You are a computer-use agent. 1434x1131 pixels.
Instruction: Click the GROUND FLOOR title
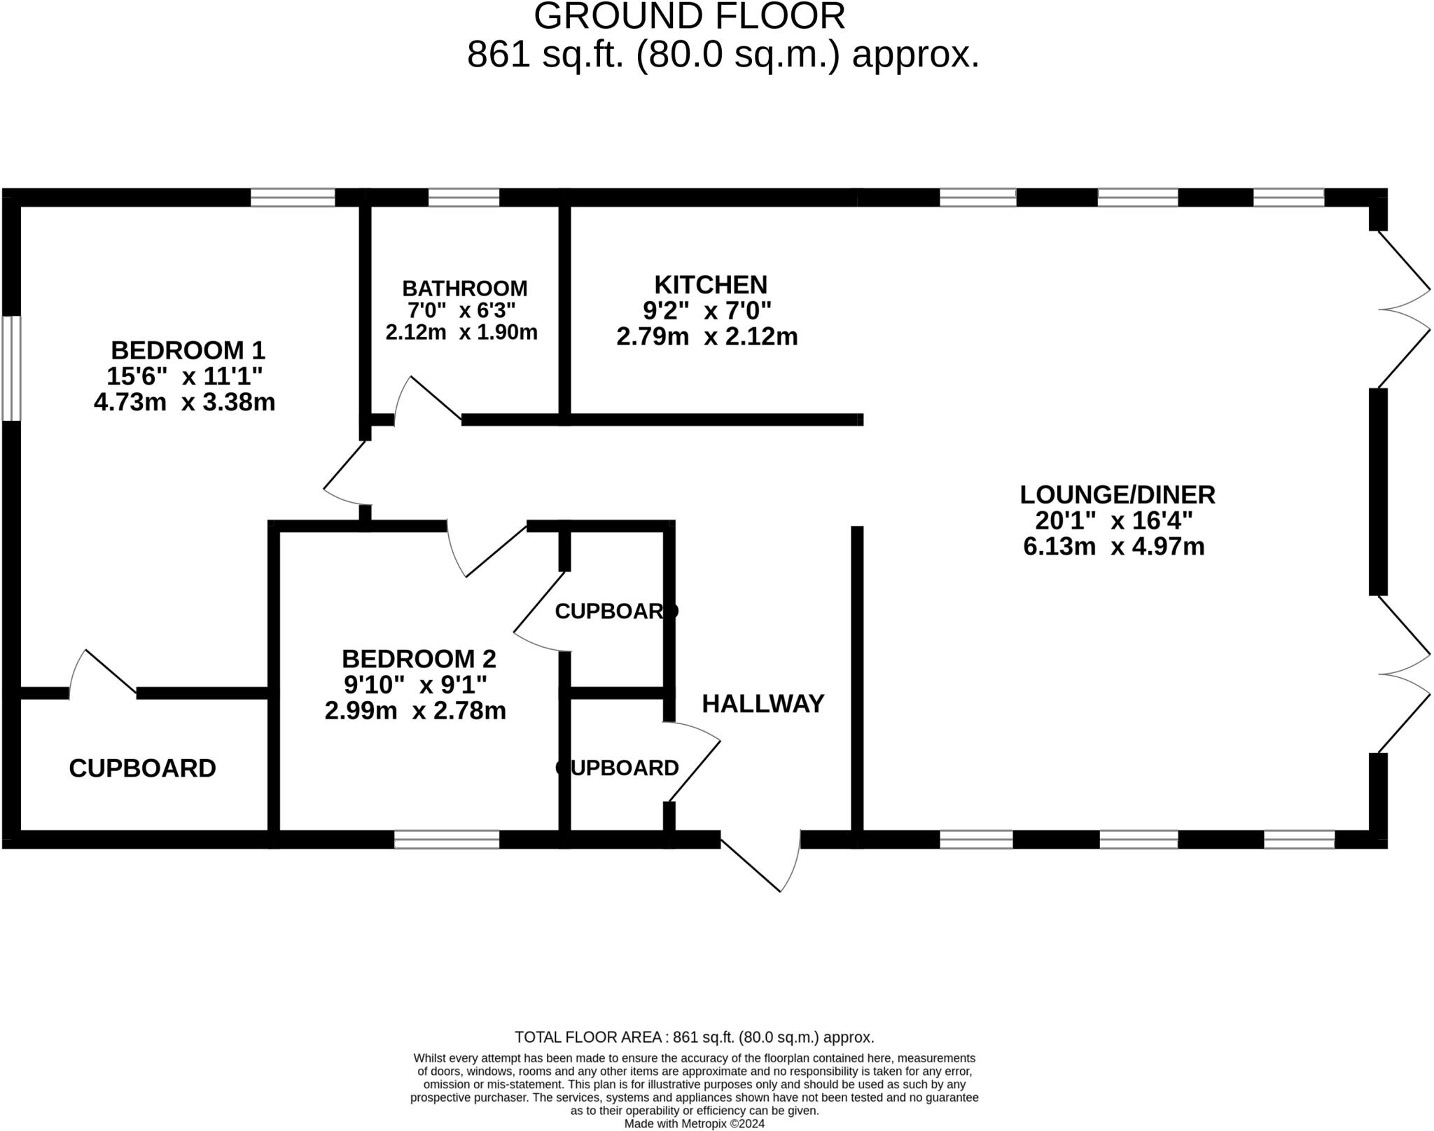(689, 17)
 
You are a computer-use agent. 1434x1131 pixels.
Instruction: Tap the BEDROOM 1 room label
(188, 349)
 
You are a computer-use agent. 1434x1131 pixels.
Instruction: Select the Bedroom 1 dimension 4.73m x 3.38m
(184, 402)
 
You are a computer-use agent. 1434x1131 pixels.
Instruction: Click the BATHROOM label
(464, 288)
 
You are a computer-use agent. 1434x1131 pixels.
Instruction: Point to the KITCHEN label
(710, 285)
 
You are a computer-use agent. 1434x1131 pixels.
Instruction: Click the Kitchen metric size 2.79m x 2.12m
(706, 337)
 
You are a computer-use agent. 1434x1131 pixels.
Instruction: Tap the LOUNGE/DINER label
(1117, 494)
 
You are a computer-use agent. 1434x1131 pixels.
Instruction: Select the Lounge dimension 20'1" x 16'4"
(1113, 520)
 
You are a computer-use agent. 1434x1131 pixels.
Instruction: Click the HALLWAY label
(763, 704)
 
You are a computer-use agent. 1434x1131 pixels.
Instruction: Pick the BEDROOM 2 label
(419, 658)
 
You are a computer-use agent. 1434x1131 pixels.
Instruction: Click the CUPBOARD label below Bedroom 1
(142, 768)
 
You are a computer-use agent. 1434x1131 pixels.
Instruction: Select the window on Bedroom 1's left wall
(11, 368)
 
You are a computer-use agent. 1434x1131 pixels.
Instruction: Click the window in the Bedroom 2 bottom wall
(447, 840)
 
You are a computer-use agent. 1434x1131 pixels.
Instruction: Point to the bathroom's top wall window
(464, 197)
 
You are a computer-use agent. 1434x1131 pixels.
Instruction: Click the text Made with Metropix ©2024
(694, 1124)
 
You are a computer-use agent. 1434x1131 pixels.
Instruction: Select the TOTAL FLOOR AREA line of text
(694, 1037)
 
